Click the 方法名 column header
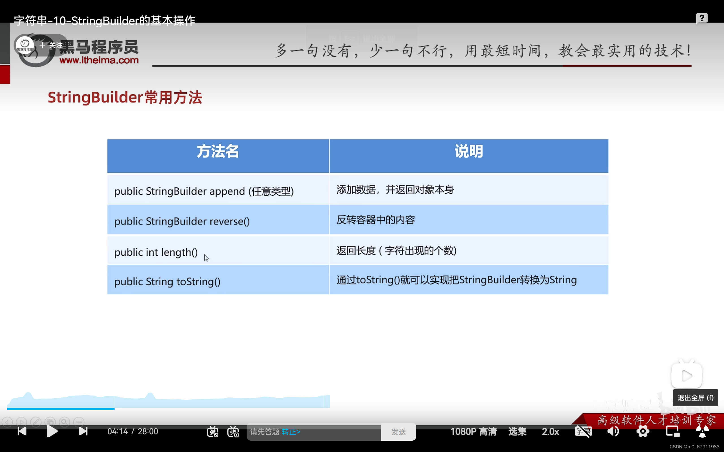click(218, 152)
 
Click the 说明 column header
click(469, 152)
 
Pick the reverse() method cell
click(182, 221)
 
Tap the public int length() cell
click(156, 252)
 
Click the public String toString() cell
click(167, 282)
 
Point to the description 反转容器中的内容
click(376, 220)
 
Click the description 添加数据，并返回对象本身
click(395, 190)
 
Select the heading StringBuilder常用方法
click(125, 98)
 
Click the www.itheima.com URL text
click(99, 60)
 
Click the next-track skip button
click(83, 431)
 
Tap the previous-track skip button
click(22, 431)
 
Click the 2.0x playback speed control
click(550, 432)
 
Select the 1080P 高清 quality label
click(473, 432)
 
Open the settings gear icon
click(643, 431)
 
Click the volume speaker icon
click(613, 431)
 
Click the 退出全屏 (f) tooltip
click(695, 398)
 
